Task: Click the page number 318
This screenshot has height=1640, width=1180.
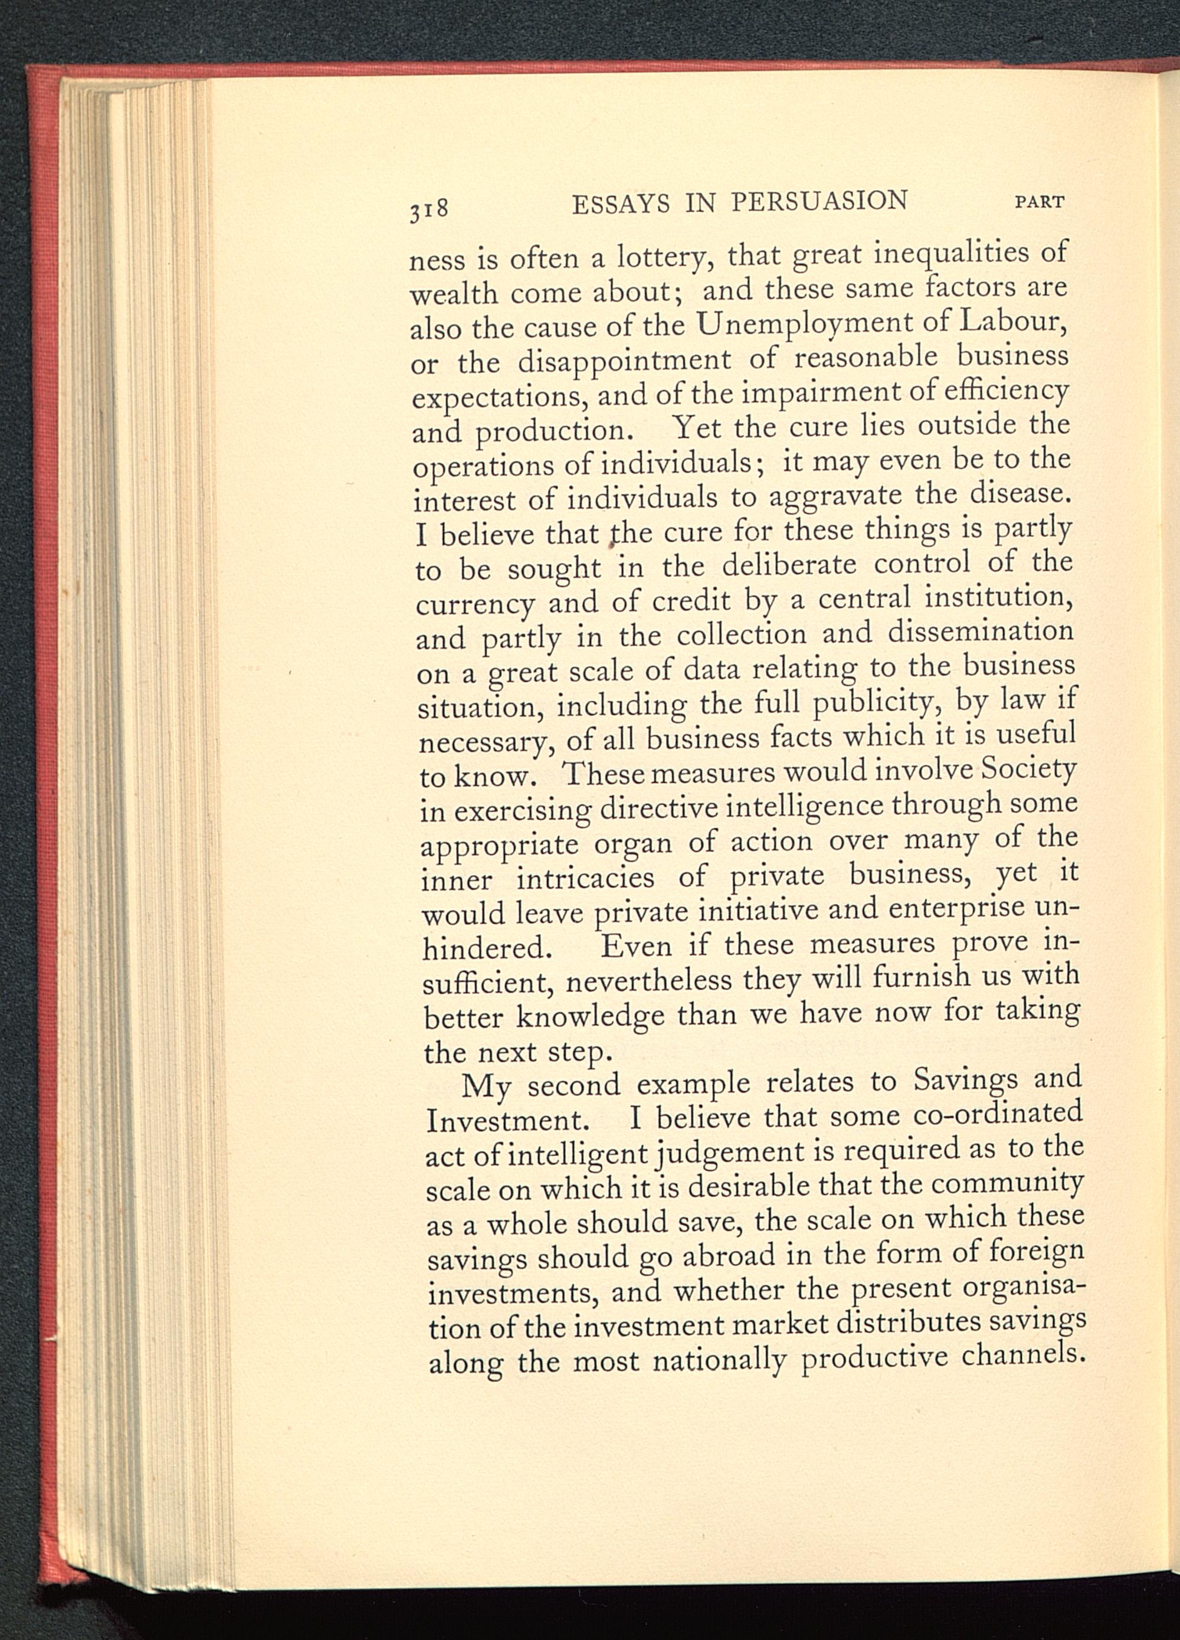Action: point(430,209)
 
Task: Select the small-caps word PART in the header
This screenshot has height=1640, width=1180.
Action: point(1040,202)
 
